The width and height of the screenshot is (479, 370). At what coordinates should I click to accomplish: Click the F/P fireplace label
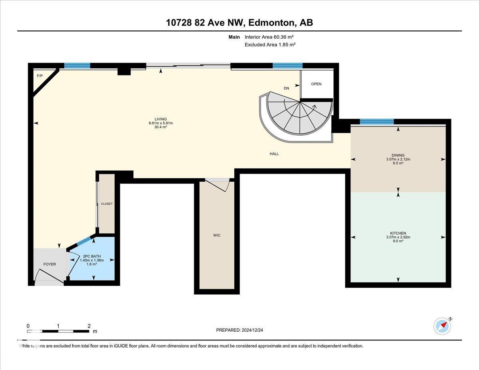(40, 76)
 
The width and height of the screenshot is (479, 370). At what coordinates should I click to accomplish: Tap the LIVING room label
(160, 119)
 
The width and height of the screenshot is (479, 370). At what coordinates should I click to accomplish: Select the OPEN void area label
(316, 84)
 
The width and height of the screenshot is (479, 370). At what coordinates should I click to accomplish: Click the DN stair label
(286, 88)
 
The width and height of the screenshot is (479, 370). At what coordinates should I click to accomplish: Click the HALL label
(274, 154)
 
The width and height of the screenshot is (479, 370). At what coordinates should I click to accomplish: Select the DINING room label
(398, 155)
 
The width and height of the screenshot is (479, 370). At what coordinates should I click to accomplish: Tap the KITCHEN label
(398, 233)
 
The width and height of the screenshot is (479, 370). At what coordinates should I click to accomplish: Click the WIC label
(217, 235)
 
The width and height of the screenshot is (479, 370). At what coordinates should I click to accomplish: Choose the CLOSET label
(107, 204)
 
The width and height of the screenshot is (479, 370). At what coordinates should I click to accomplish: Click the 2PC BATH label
(92, 256)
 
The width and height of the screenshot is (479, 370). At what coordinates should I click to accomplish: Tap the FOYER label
(49, 264)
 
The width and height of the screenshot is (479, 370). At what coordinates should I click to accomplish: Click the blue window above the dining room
(376, 122)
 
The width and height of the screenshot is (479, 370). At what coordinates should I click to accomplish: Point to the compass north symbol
(442, 326)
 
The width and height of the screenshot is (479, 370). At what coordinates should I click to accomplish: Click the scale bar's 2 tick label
(89, 326)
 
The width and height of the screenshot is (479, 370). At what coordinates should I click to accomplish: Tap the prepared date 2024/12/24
(239, 330)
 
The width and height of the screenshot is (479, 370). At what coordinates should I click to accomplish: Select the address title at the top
(239, 23)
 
